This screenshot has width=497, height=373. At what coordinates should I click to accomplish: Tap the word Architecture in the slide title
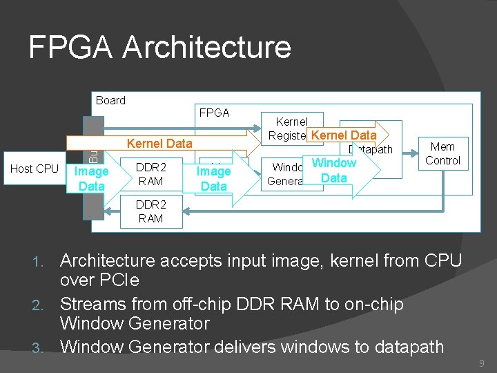click(206, 48)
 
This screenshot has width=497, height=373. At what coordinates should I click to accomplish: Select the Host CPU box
click(35, 169)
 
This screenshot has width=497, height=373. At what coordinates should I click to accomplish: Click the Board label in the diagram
click(110, 100)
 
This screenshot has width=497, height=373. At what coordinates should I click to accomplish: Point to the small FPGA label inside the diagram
click(214, 113)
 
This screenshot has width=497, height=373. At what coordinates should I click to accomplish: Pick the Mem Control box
click(442, 153)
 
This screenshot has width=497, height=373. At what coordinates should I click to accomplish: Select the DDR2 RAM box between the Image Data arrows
click(150, 174)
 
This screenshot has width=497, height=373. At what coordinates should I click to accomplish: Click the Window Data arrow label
click(334, 171)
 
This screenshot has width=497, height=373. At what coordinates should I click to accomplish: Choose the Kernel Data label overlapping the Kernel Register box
click(344, 135)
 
